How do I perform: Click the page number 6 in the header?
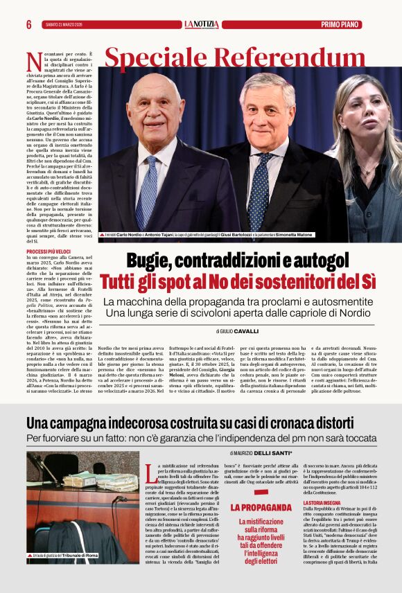tap(29, 24)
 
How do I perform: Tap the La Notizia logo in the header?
tap(201, 24)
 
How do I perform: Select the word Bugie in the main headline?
tap(150, 262)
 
